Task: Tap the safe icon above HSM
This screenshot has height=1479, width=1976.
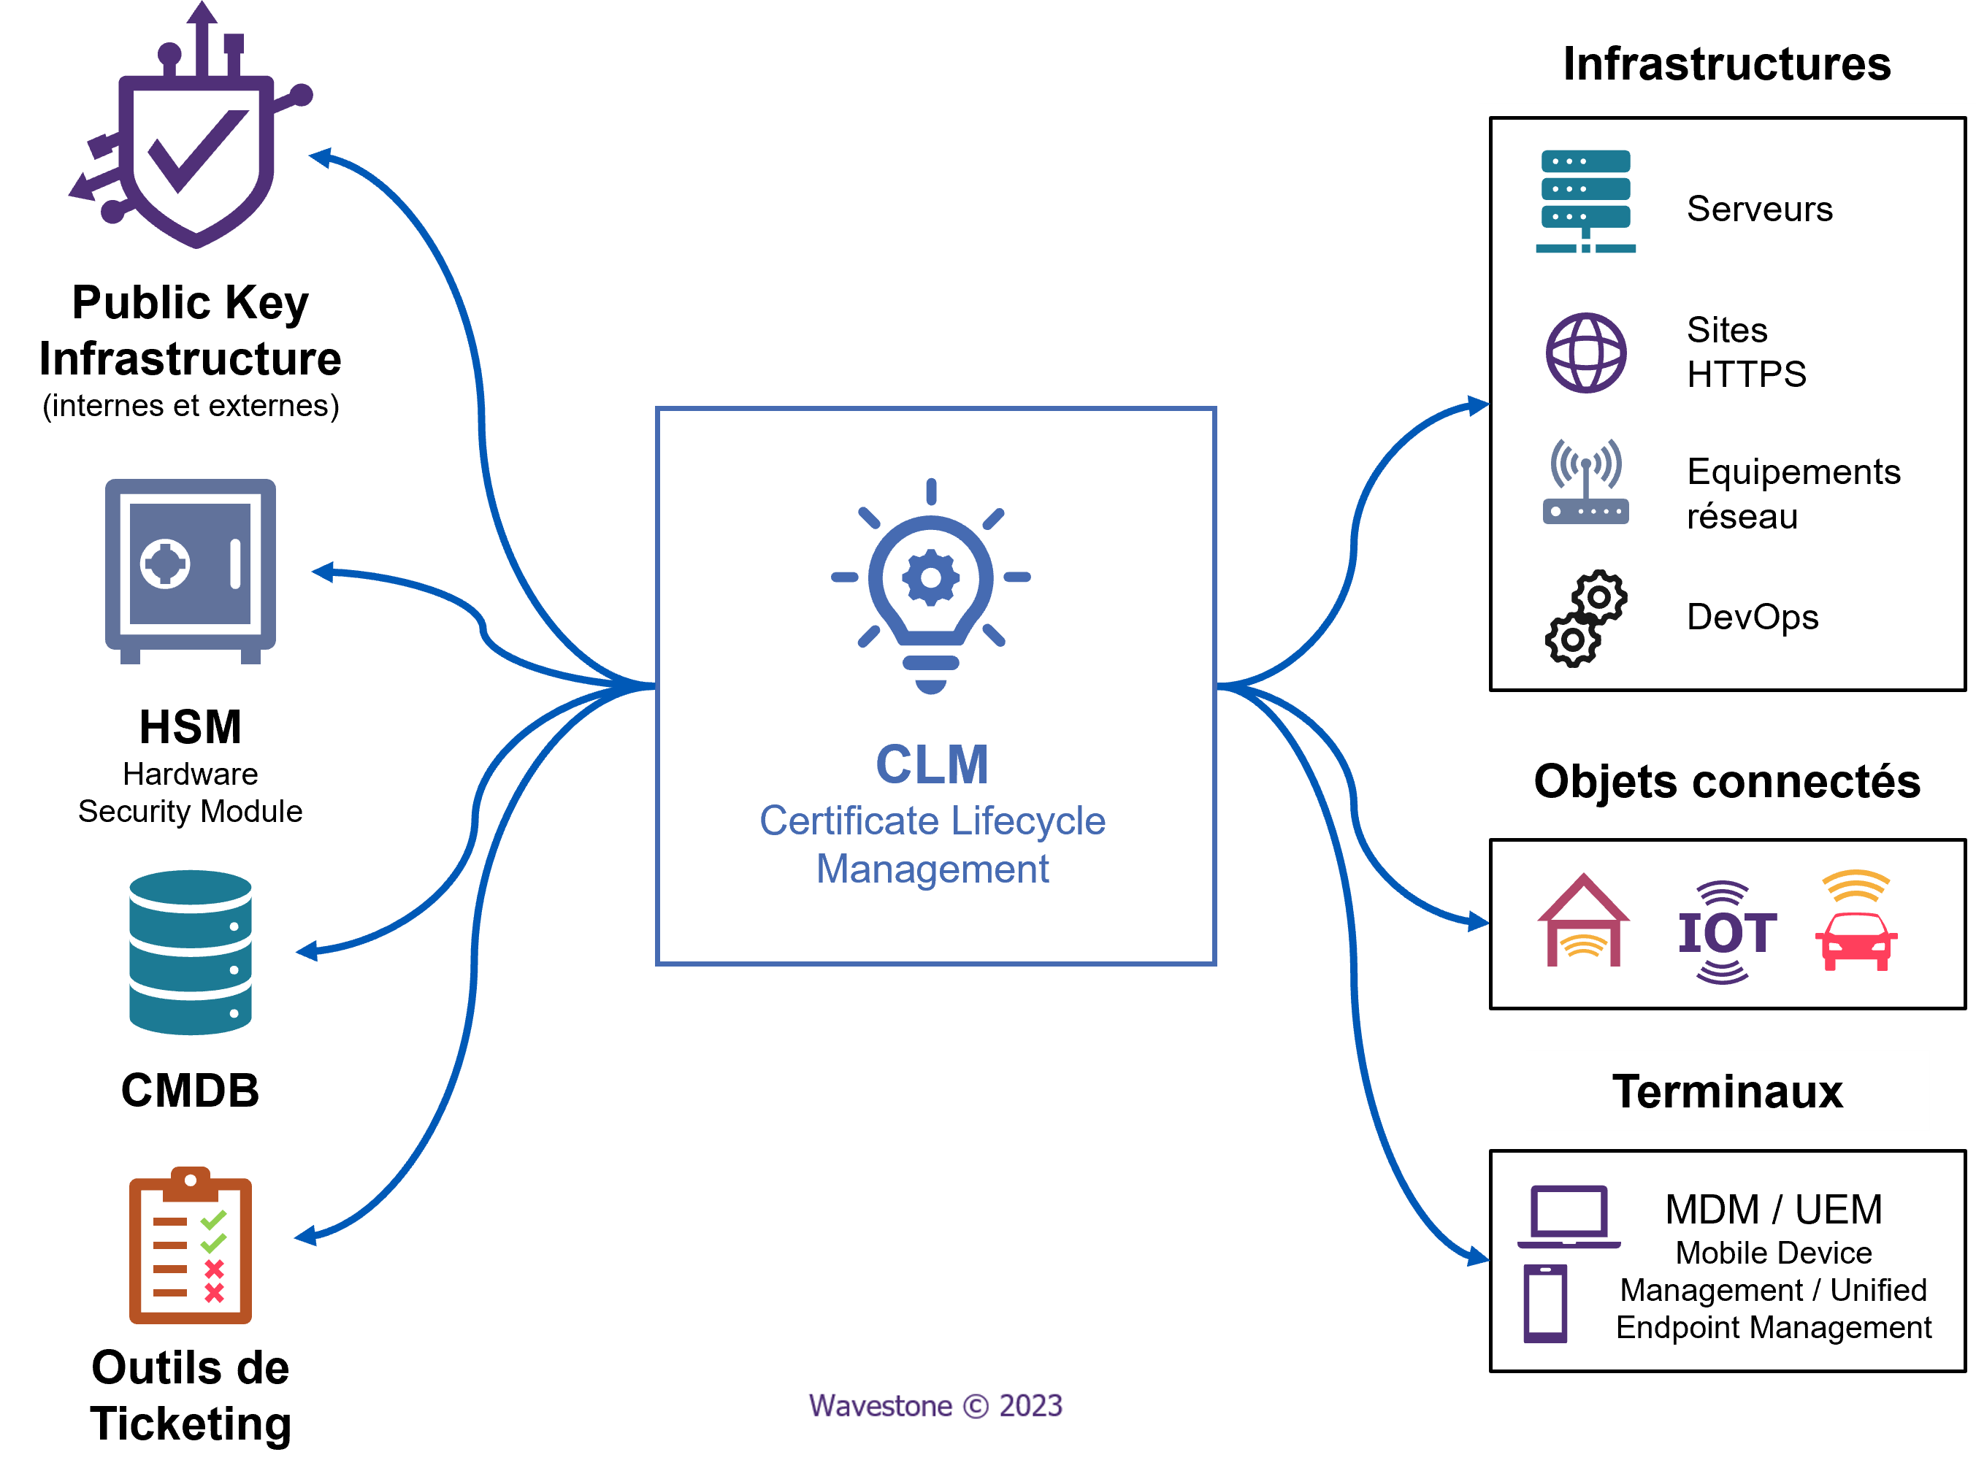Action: click(191, 571)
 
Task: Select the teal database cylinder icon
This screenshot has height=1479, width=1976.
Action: click(191, 952)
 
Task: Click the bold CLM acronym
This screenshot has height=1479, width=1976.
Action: click(932, 764)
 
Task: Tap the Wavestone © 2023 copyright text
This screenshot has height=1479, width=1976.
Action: click(935, 1406)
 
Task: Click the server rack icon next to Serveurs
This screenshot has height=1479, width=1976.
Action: click(1585, 201)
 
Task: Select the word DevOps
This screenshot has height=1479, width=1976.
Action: click(1753, 617)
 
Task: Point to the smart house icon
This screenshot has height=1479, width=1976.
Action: click(1583, 920)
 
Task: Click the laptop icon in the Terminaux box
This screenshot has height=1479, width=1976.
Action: click(1569, 1216)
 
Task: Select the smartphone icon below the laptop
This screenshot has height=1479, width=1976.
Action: click(1545, 1304)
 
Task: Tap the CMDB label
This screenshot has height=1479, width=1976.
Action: click(191, 1091)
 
